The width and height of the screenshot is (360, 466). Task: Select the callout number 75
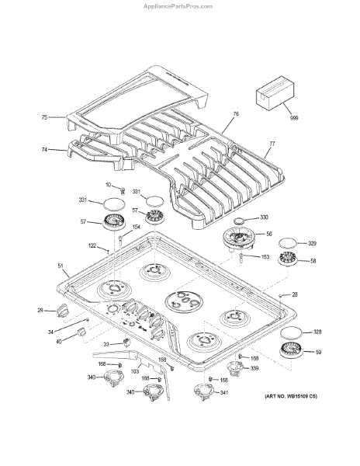tap(44, 117)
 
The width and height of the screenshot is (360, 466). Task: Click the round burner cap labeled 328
tap(292, 333)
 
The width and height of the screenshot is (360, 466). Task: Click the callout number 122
tap(92, 245)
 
